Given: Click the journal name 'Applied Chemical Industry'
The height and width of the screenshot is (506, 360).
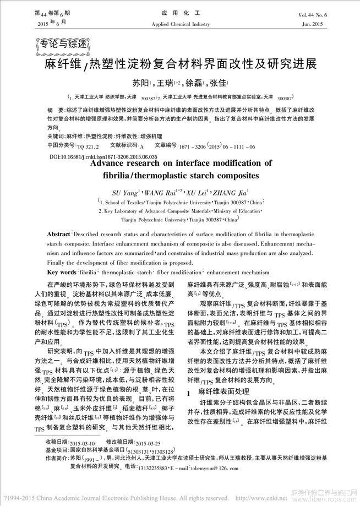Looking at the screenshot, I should tap(180, 24).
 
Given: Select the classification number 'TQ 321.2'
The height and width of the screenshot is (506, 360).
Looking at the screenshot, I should tap(88, 147).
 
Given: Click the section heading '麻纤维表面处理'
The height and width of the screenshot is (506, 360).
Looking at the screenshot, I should tap(222, 394).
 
